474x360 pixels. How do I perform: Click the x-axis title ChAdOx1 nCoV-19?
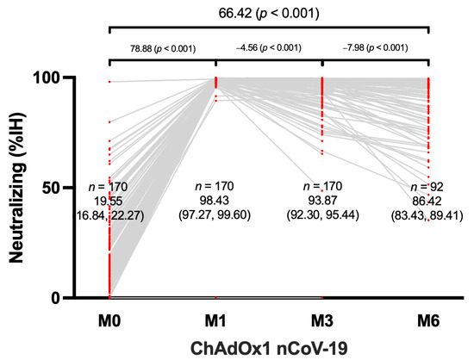click(x=269, y=347)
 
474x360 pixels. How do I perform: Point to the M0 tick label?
click(x=109, y=320)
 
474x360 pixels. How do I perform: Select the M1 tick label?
click(x=215, y=320)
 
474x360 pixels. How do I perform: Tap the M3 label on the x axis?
click(x=321, y=320)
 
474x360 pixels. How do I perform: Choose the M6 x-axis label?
click(x=428, y=320)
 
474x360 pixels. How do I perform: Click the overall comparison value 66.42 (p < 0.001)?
click(x=269, y=14)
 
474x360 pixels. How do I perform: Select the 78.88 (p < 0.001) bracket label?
click(x=162, y=49)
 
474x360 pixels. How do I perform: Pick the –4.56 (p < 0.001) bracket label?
click(x=269, y=49)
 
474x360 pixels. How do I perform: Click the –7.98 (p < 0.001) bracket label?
click(x=375, y=49)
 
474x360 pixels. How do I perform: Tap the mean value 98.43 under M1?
click(x=215, y=199)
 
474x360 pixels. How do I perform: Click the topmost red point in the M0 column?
click(x=109, y=81)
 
